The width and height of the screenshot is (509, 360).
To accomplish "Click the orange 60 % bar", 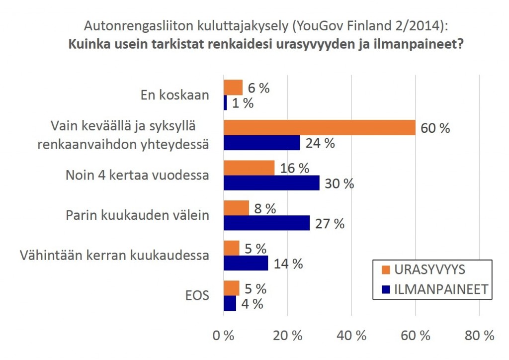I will pos(319,128).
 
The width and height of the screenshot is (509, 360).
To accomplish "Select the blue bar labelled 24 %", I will pos(261,143).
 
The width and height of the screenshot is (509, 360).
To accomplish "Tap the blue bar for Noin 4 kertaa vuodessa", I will pos(271,183).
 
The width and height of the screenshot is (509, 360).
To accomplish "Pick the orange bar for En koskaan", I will pos(233,88).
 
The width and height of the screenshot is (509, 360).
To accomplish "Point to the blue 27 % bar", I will pos(266,223).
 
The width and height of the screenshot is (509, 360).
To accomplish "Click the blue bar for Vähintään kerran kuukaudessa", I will pos(246,263).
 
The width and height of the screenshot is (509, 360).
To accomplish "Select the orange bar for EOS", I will pos(231,288).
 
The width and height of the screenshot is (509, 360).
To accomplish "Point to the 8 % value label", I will pos(264,208).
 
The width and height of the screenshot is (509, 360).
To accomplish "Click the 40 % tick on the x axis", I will pos(351,336).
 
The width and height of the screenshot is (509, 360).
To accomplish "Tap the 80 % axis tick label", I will pos(479,336).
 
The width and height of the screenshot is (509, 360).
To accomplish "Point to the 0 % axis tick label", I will pos(223,336).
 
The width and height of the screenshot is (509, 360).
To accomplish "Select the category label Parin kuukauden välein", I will pos(138,216).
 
